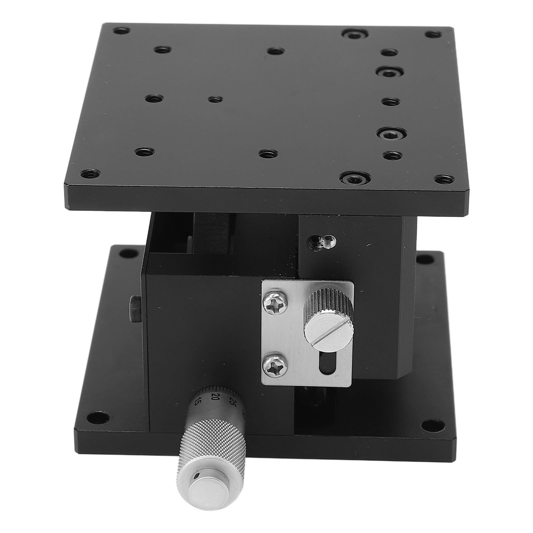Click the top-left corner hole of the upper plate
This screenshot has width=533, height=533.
[x=121, y=31]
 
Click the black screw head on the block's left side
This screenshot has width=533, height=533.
[x=136, y=308]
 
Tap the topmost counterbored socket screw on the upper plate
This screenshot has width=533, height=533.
[x=354, y=34]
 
